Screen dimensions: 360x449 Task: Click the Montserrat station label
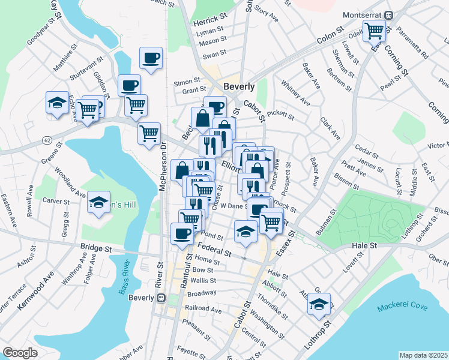[x=363, y=14]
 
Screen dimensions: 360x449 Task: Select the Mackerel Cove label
[x=402, y=307]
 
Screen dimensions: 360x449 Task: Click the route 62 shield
[x=47, y=140]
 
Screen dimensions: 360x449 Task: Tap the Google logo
[x=20, y=353]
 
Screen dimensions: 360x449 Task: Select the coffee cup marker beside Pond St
[x=182, y=234]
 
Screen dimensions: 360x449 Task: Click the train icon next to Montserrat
[x=389, y=14]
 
